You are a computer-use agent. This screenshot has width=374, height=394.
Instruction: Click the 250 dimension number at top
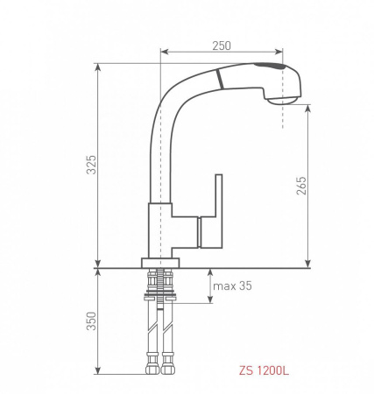pos(221,44)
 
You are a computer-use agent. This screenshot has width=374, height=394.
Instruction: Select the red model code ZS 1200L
pos(264,370)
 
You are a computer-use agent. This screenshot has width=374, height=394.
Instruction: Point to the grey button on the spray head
pos(268,67)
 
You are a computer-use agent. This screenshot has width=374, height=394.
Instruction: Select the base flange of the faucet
pos(161,262)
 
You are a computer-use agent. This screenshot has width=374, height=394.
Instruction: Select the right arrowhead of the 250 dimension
pos(282,52)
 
